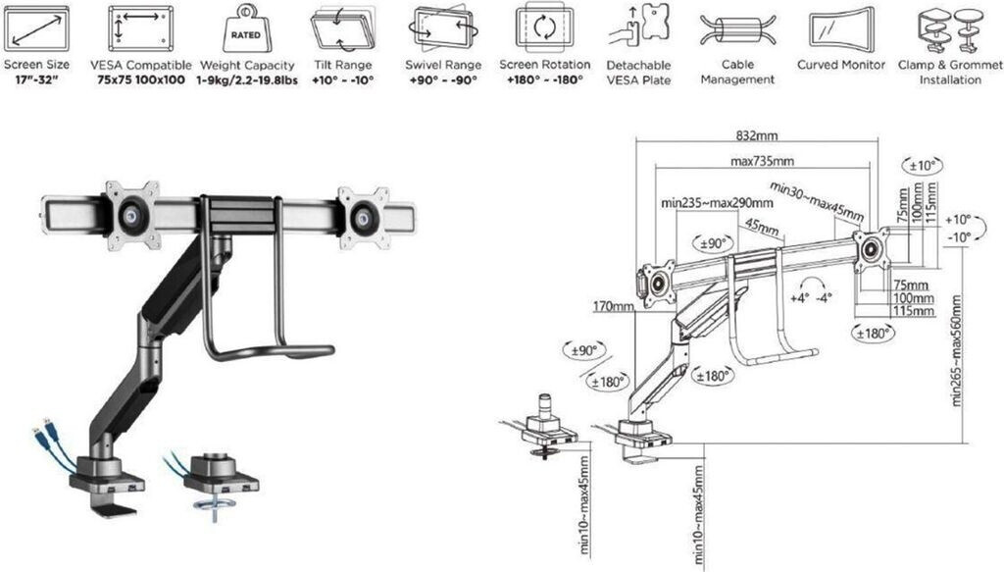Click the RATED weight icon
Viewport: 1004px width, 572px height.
[x=245, y=29]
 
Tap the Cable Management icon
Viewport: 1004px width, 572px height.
[x=737, y=30]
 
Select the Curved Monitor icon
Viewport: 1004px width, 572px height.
[x=841, y=28]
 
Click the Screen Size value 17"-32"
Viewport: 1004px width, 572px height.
[x=36, y=80]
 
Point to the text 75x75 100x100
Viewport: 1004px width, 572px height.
[x=141, y=80]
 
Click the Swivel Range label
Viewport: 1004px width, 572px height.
[x=443, y=65]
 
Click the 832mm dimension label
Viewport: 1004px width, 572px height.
[x=757, y=135]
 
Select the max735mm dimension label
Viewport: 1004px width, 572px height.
[x=762, y=162]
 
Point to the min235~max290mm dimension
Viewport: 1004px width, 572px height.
[x=717, y=203]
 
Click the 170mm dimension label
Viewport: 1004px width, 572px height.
[x=613, y=306]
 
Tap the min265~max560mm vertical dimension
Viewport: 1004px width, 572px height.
[x=957, y=350]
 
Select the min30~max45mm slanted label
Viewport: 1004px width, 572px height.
[x=817, y=200]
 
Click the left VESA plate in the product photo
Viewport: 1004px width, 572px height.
[x=132, y=216]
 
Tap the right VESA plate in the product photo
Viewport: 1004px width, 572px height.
[x=364, y=218]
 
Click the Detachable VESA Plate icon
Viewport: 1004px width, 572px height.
[x=638, y=26]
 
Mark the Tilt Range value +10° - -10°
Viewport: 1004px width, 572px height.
[x=342, y=80]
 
